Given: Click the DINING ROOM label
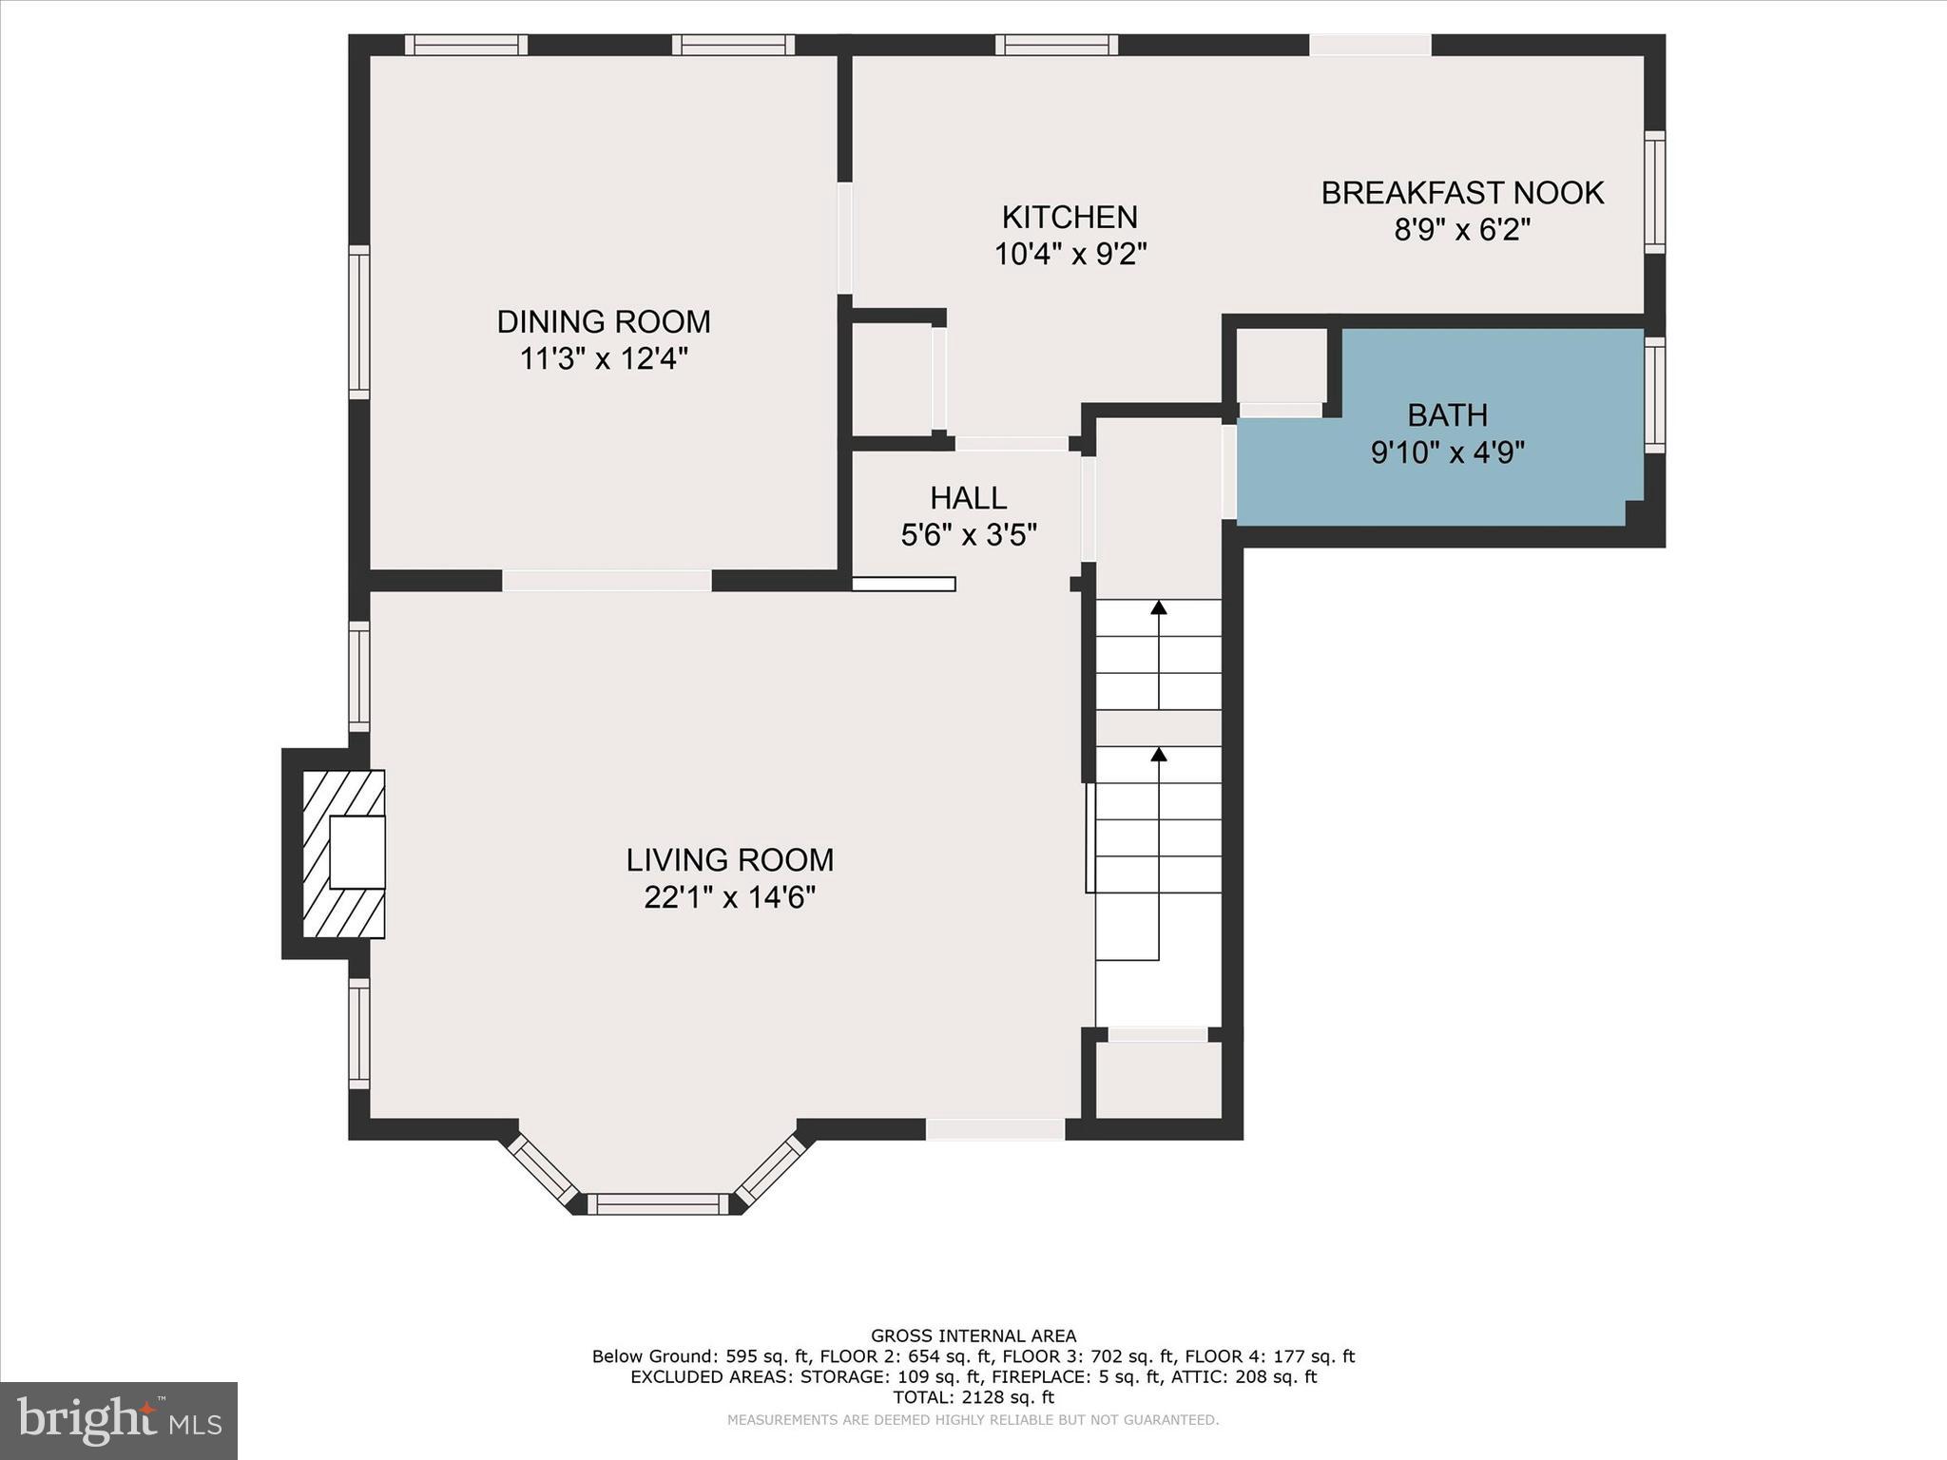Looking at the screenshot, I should (604, 322).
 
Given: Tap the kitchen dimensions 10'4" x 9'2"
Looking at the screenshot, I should (1070, 255).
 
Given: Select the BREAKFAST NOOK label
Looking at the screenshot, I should (1462, 193).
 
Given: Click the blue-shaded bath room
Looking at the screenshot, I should (1445, 475).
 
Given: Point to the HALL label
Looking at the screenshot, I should (968, 498).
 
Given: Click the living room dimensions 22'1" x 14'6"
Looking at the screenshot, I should (729, 897).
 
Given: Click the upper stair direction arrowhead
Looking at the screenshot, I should (1158, 606).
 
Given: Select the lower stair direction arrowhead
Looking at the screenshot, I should (1158, 754).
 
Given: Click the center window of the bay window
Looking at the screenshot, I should (657, 1204).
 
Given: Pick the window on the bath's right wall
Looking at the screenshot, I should (1655, 394).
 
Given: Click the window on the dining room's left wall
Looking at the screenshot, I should (358, 322).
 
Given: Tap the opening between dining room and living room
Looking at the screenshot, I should (607, 580).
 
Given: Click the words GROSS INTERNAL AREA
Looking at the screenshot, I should (973, 1335).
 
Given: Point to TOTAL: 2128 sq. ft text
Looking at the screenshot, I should (973, 1397).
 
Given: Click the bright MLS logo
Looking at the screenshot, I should (119, 1419).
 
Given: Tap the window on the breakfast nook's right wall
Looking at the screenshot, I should (1655, 192).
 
